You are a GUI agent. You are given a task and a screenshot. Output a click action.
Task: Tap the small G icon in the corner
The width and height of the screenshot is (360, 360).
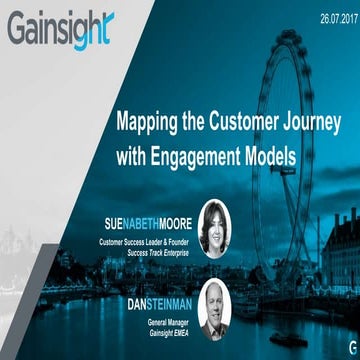click(342, 344)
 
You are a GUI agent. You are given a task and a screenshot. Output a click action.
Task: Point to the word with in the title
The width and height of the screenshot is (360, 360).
click(136, 157)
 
